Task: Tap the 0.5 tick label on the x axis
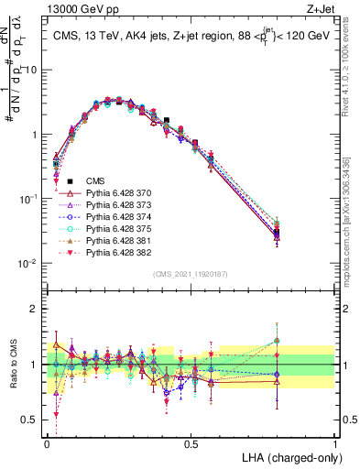(x=191, y=443)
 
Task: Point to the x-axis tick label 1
(x=334, y=443)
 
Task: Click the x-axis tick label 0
(x=47, y=443)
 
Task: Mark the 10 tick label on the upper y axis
(x=33, y=70)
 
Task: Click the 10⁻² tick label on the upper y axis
(x=30, y=264)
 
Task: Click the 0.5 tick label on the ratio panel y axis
(x=33, y=421)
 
